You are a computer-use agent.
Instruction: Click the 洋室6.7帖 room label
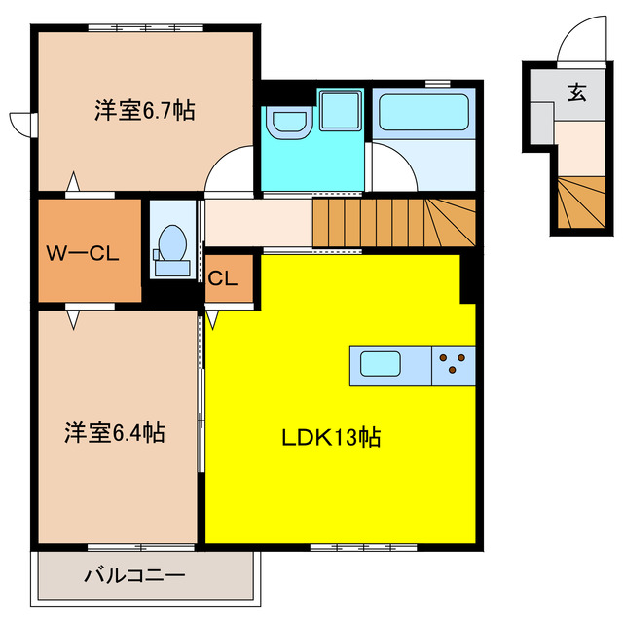[x=144, y=110]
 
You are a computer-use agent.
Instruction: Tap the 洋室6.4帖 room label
[x=115, y=432]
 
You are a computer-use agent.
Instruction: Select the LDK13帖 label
[x=331, y=438]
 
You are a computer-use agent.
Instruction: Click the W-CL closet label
[x=83, y=255]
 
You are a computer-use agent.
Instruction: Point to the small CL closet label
[x=223, y=277]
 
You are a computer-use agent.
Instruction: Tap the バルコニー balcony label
[x=133, y=575]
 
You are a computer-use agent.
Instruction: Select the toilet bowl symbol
[x=171, y=242]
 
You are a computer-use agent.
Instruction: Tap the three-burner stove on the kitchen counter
[x=453, y=365]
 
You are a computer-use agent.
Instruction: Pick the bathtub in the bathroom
[x=424, y=112]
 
